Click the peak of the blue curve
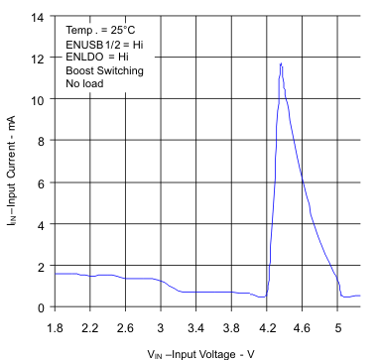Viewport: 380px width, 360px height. pyautogui.click(x=281, y=63)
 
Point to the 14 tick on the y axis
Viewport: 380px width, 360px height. pyautogui.click(x=38, y=17)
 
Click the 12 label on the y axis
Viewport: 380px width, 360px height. pyautogui.click(x=38, y=59)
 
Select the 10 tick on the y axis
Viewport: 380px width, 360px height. pyautogui.click(x=38, y=100)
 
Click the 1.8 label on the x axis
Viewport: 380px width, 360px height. pyautogui.click(x=55, y=325)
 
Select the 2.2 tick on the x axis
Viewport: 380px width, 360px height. pyautogui.click(x=90, y=325)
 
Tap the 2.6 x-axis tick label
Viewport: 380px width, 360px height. pyautogui.click(x=126, y=325)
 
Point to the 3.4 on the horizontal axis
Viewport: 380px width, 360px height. pyautogui.click(x=196, y=325)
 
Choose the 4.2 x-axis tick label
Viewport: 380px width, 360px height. pyautogui.click(x=267, y=325)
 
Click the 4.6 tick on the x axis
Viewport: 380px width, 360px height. pyautogui.click(x=303, y=325)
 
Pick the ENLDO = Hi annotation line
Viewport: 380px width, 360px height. pyautogui.click(x=96, y=59)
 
